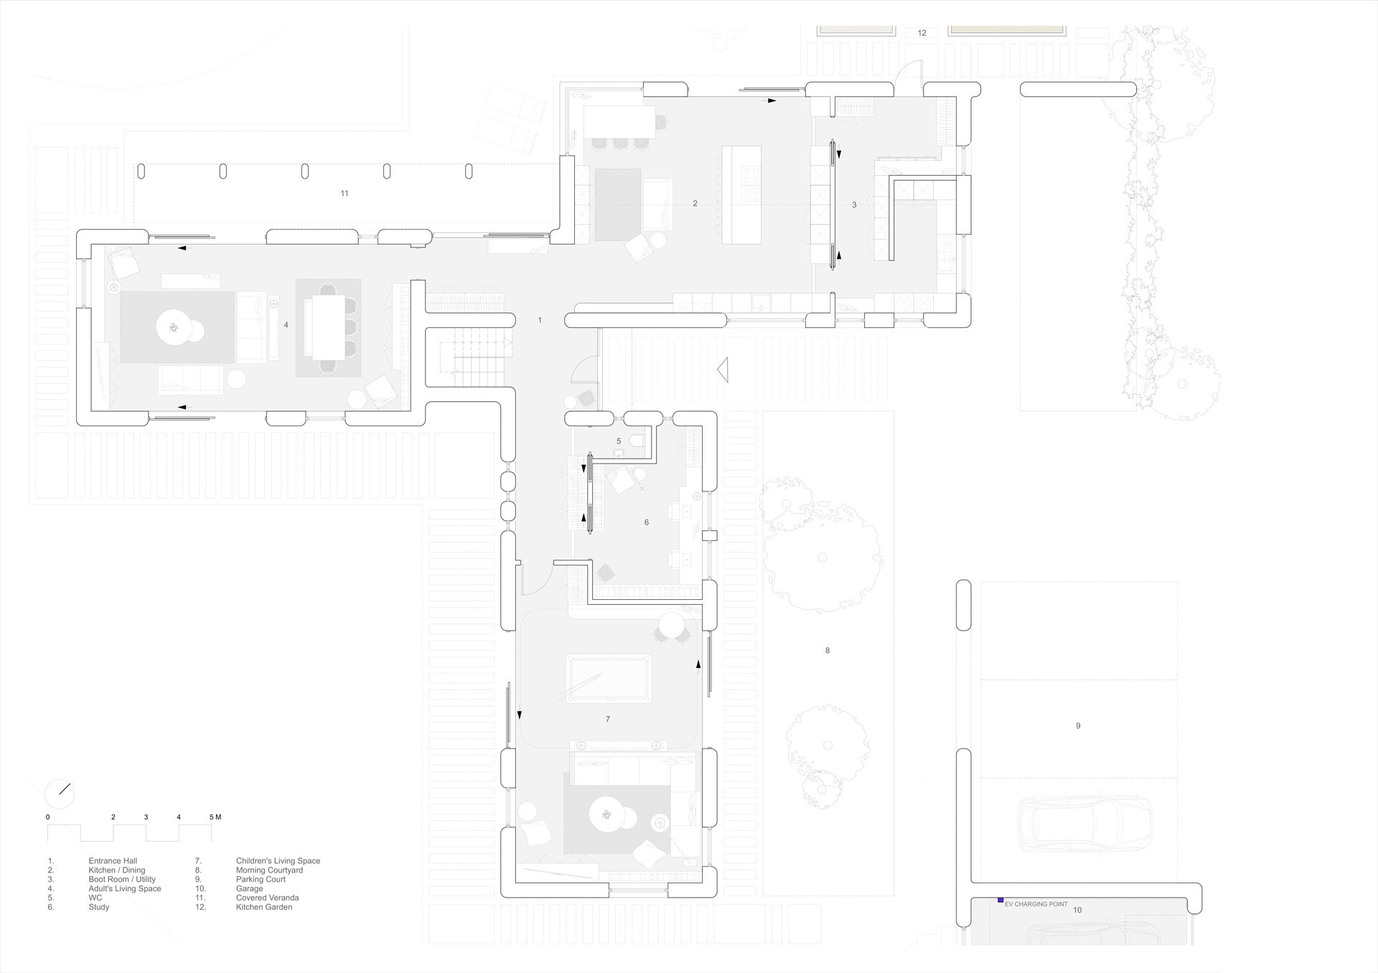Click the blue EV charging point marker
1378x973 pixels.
(1000, 900)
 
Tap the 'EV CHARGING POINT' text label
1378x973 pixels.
(1036, 904)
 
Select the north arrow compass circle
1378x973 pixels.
(59, 794)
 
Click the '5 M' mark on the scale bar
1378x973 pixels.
(215, 817)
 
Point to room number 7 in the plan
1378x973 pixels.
(608, 719)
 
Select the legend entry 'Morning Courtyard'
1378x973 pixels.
(269, 870)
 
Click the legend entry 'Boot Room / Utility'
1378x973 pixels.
(122, 880)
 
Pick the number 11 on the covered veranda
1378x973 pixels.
(344, 194)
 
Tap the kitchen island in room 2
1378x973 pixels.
(741, 195)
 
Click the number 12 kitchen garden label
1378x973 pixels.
(922, 33)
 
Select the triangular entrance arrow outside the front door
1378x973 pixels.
(723, 370)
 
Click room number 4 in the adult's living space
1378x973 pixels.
(286, 325)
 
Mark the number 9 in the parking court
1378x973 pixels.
(1078, 726)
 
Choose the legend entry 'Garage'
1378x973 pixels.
(249, 889)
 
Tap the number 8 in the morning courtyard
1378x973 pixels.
(828, 651)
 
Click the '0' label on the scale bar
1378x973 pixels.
(48, 817)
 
